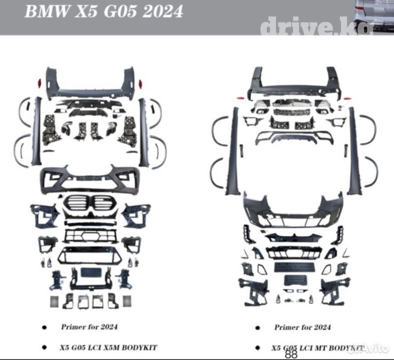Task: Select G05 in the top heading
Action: coord(117,11)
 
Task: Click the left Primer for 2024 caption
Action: coord(89,326)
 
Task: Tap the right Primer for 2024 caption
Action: coord(303,327)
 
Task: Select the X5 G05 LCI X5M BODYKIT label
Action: coord(108,347)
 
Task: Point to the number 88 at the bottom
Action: coord(291,353)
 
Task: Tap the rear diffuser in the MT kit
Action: coord(294,136)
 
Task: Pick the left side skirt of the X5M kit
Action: coord(37,131)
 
